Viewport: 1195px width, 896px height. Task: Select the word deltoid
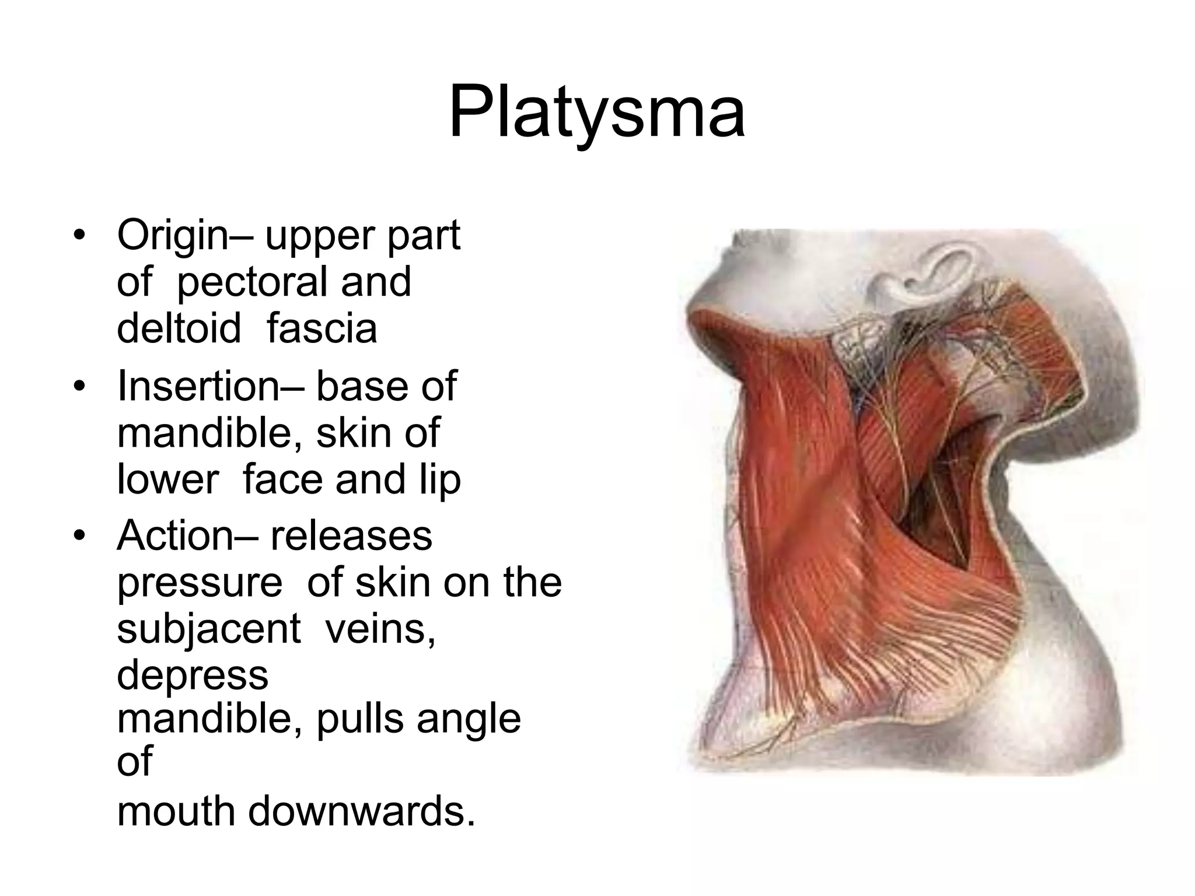point(179,328)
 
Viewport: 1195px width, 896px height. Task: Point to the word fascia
point(322,328)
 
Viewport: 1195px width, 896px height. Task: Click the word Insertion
point(198,386)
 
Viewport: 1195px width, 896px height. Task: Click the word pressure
point(200,583)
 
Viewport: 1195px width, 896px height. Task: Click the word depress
point(193,675)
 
